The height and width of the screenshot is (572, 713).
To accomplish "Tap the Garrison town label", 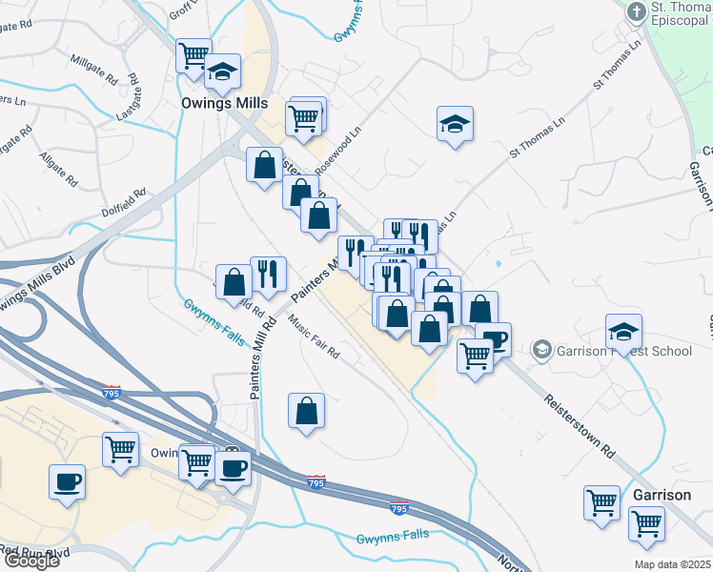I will point(662,496).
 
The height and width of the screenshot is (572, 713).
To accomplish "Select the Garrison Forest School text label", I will point(625,351).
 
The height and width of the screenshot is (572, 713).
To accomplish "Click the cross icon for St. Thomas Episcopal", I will point(636,12).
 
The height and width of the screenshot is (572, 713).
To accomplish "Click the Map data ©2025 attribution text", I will point(673,564).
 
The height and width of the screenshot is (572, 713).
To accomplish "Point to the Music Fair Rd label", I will point(314,337).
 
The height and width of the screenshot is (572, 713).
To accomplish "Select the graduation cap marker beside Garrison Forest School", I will point(623,332).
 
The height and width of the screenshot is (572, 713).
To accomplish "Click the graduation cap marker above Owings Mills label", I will point(223,71).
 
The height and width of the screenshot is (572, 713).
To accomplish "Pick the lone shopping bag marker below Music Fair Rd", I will point(307,411).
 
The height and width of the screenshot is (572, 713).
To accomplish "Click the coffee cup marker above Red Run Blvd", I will point(68,482).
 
